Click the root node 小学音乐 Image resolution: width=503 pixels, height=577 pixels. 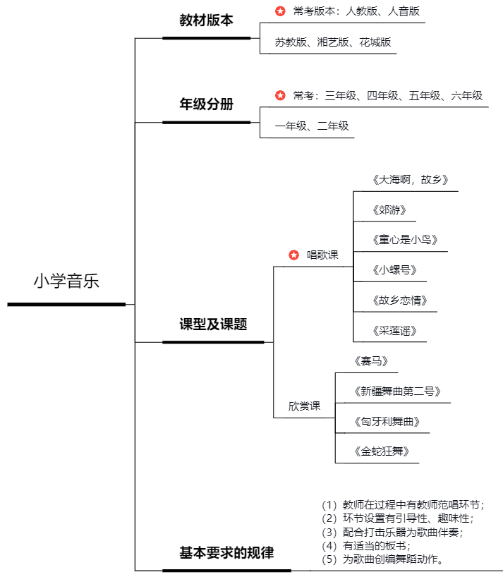tap(66, 281)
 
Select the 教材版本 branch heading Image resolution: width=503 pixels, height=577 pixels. tap(206, 20)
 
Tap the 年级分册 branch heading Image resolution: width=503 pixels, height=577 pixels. tap(206, 104)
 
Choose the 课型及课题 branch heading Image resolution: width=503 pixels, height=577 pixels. tap(213, 324)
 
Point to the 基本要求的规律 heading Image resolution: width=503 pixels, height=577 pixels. tap(226, 552)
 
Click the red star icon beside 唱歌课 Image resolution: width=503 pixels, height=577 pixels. tap(294, 255)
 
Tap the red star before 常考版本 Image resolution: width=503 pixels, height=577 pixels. tap(280, 11)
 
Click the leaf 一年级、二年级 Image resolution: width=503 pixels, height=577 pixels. tap(312, 126)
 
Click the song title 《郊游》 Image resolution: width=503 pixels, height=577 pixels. tap(389, 209)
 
